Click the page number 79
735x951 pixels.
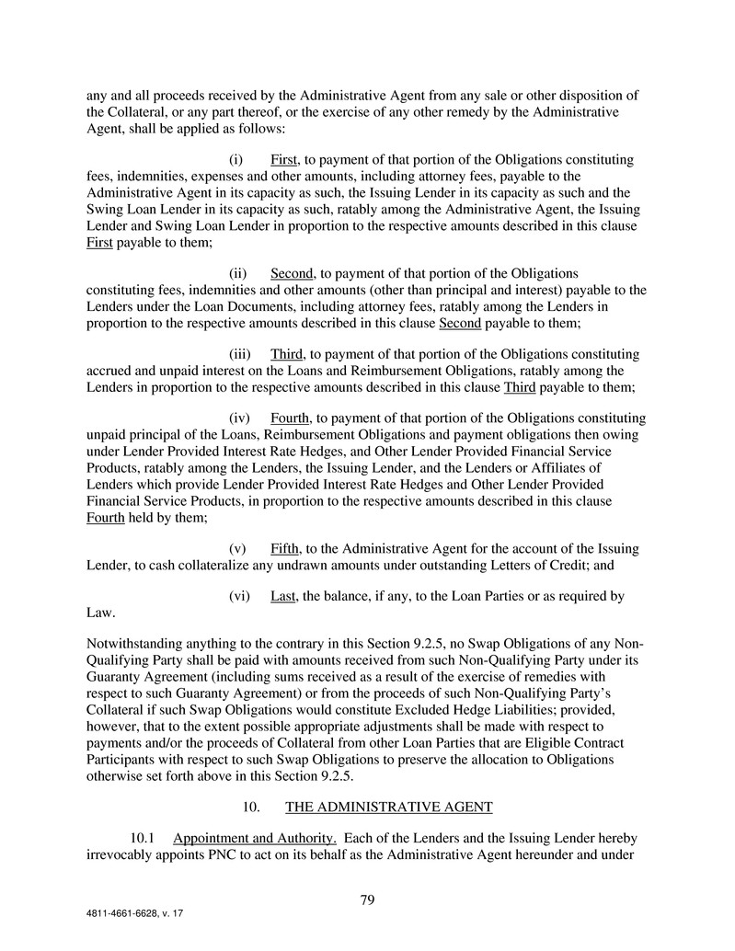pos(367,899)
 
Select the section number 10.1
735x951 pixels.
pos(146,839)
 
